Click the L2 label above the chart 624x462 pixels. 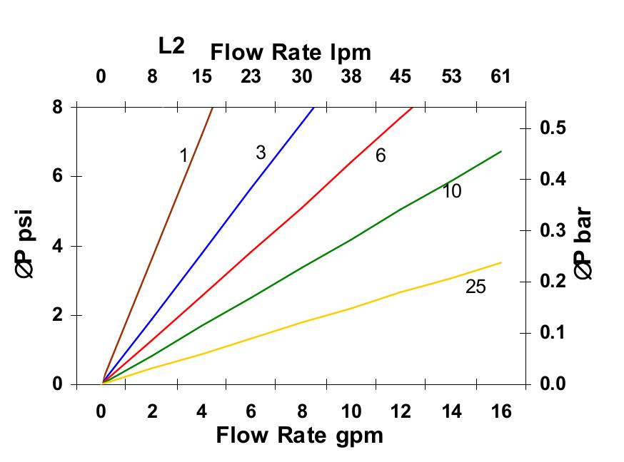(171, 46)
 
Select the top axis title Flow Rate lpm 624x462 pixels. (291, 52)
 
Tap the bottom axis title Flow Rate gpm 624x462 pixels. (299, 435)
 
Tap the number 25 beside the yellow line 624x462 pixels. (475, 287)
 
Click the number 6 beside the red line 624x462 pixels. (381, 155)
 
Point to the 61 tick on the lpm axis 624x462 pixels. (501, 76)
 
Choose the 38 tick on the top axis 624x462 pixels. (351, 76)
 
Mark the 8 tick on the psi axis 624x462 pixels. (57, 108)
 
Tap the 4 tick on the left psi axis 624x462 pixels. (57, 247)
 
